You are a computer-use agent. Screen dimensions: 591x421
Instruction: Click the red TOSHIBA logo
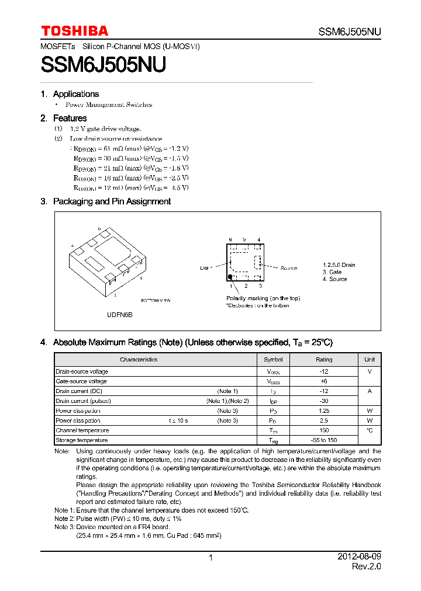coord(74,31)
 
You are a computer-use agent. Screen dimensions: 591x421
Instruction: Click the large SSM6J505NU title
coord(103,64)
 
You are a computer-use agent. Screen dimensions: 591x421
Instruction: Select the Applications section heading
coord(75,94)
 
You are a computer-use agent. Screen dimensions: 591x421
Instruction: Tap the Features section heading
coord(70,118)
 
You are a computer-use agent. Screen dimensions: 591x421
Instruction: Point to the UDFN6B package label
coord(119,315)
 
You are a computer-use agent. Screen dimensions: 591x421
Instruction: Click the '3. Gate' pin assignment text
coord(332,272)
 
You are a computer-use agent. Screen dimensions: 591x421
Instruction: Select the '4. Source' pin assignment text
coord(334,279)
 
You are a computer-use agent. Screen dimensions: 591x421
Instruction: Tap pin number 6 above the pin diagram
coord(230,239)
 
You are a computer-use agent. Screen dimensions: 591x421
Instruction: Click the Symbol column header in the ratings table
coord(273,360)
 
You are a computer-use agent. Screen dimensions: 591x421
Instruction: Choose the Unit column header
coord(370,360)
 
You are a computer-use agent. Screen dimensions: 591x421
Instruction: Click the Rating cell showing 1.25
coord(323,411)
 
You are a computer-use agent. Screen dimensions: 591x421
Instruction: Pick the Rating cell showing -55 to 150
coord(323,440)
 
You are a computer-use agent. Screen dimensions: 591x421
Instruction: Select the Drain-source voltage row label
coord(82,371)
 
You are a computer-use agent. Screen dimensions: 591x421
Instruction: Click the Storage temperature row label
coord(82,440)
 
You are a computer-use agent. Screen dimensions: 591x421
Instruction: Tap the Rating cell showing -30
coord(323,401)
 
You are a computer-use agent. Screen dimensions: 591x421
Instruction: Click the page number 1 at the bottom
coord(210,558)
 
